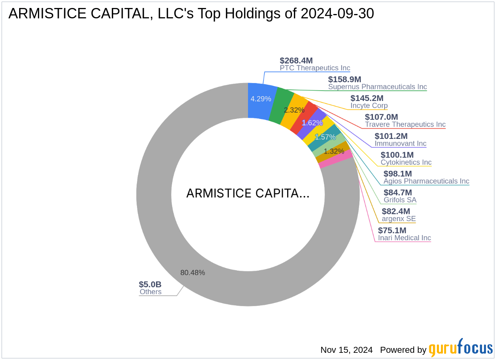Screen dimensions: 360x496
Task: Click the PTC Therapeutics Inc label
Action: [x=315, y=68]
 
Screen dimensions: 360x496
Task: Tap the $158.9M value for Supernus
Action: [x=345, y=79]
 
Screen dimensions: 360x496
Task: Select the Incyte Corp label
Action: [x=369, y=106]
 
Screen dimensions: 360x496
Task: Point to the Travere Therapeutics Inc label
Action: [x=405, y=125]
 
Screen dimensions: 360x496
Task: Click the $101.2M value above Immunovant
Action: [x=391, y=136]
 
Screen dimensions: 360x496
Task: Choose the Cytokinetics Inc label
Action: [x=406, y=162]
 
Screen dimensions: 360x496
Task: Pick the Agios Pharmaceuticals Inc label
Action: [x=426, y=181]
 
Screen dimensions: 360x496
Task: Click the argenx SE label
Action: [x=399, y=219]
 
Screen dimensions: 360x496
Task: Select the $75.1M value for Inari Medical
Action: [x=392, y=230]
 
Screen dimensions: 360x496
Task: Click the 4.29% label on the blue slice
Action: [x=261, y=99]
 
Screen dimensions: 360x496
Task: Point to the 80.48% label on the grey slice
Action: [x=192, y=273]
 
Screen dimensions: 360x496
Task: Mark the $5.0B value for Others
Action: [x=150, y=285]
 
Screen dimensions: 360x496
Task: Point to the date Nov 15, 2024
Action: [x=346, y=350]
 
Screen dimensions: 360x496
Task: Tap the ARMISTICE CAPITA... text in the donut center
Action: [x=248, y=194]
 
